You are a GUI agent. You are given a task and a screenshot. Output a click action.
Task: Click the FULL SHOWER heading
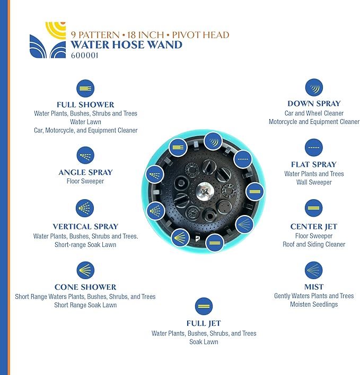coord(85,104)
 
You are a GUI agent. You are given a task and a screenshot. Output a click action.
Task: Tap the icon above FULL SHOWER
coord(85,88)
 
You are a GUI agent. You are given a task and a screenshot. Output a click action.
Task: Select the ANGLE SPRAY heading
coord(85,172)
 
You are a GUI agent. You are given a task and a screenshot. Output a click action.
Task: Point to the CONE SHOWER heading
coord(85,287)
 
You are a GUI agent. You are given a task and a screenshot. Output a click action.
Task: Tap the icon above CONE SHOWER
coord(85,271)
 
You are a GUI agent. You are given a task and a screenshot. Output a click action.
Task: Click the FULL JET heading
coord(204,323)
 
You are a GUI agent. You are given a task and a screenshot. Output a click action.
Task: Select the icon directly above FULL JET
coord(204,306)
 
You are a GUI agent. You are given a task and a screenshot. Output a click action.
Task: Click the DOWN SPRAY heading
coord(314,104)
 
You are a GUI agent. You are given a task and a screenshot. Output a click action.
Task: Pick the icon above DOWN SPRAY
coord(314,87)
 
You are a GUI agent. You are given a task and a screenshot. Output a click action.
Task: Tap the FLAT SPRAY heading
coord(314,164)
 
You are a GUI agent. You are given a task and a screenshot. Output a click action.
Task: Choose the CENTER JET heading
coord(314,227)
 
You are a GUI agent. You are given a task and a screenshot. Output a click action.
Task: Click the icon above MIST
coord(314,271)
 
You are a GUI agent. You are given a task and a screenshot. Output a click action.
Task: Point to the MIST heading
coord(314,287)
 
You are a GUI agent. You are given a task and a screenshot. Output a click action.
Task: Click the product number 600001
coord(85,54)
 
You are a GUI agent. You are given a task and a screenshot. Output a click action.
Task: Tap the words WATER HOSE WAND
coord(126,44)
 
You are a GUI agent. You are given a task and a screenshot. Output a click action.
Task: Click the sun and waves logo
coord(48,40)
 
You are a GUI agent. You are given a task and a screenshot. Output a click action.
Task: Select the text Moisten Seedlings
coord(314,305)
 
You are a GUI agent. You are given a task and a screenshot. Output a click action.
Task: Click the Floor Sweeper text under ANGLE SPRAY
coord(85,181)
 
